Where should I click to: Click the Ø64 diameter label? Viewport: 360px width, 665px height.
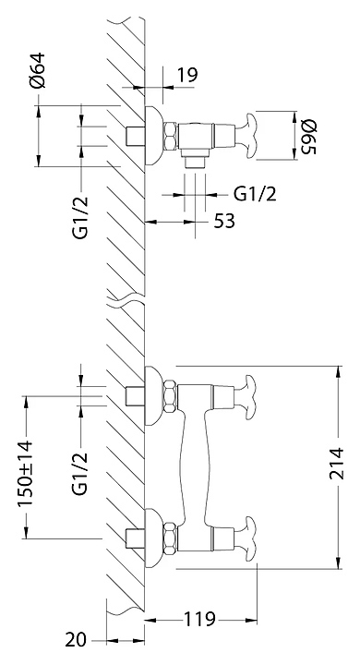tap(37, 70)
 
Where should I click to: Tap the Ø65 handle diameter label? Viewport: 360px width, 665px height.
tap(308, 137)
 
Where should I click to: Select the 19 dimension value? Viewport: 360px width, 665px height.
tap(187, 75)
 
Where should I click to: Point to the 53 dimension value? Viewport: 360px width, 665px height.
tap(224, 221)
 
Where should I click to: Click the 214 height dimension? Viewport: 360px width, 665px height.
tap(338, 463)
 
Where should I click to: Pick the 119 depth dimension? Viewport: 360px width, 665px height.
tap(199, 619)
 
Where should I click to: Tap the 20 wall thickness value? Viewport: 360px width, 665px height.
tap(76, 640)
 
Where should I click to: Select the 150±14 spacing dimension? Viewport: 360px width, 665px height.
tap(25, 474)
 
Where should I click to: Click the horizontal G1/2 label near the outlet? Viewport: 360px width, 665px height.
tap(256, 195)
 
